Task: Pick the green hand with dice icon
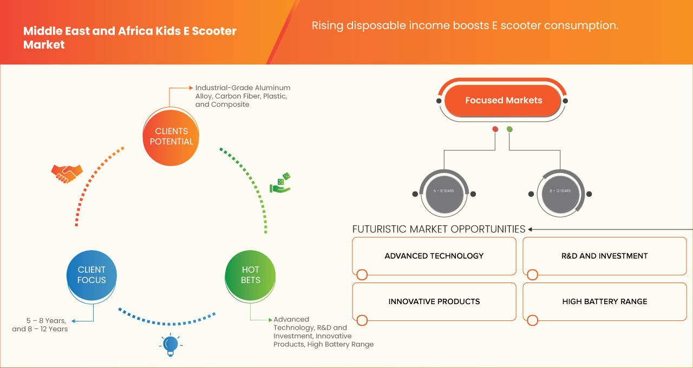click(x=280, y=183)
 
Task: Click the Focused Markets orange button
click(x=504, y=100)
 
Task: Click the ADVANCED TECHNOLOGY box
click(x=434, y=256)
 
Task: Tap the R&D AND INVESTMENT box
click(x=604, y=256)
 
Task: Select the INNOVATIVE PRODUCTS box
click(x=434, y=301)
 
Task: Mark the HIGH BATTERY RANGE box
click(x=604, y=301)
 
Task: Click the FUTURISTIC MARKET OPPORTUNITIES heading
click(x=439, y=229)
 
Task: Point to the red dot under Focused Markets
click(x=495, y=129)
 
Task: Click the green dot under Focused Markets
click(x=509, y=129)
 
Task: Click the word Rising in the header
click(x=326, y=25)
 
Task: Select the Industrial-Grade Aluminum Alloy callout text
click(x=243, y=96)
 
